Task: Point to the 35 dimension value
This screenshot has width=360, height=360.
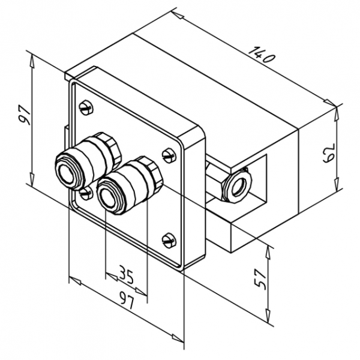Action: pos(125,275)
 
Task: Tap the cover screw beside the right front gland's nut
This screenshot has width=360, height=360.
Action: pos(168,154)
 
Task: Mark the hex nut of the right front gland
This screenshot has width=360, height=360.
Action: pos(149,172)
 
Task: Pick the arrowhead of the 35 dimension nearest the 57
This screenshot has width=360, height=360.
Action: pos(144,292)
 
